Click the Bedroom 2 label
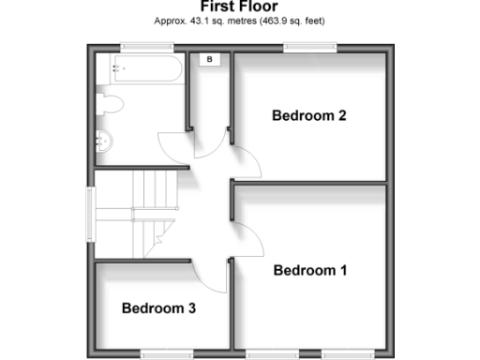tap(309, 116)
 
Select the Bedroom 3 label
tap(158, 307)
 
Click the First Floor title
tap(239, 7)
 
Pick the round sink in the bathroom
tap(104, 142)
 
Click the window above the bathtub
tap(141, 47)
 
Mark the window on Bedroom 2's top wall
tap(310, 47)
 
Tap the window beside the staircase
tap(91, 217)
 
